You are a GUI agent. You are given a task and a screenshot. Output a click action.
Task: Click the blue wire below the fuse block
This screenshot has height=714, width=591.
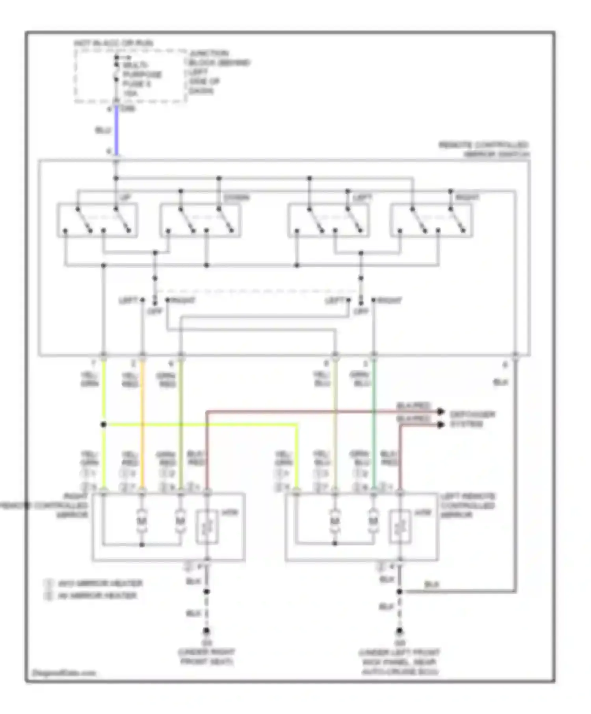point(117,130)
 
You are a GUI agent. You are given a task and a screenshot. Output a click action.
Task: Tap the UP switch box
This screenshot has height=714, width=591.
point(97,220)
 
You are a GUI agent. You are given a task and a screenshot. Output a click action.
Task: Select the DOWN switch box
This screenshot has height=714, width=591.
point(200,220)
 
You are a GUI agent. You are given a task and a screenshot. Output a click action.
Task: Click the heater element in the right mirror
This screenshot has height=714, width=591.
point(207,527)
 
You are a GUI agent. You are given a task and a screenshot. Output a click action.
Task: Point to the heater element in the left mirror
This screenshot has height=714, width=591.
point(400,527)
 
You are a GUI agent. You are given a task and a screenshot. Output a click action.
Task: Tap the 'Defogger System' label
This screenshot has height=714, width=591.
point(472,419)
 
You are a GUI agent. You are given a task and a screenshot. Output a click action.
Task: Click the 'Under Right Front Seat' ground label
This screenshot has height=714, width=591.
point(206,657)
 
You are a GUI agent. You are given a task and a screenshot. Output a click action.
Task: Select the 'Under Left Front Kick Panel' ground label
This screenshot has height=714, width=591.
point(400,662)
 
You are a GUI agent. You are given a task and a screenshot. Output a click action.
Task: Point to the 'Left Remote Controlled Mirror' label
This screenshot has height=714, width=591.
point(467,505)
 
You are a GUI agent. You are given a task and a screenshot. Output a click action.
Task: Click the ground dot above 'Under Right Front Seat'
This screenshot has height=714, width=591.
point(206,631)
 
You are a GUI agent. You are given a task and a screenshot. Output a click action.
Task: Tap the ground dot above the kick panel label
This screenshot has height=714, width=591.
point(400,631)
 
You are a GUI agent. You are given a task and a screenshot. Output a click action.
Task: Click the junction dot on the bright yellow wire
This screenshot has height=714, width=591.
point(104,425)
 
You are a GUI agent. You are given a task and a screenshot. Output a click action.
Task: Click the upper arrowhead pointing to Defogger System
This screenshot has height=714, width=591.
point(440,412)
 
